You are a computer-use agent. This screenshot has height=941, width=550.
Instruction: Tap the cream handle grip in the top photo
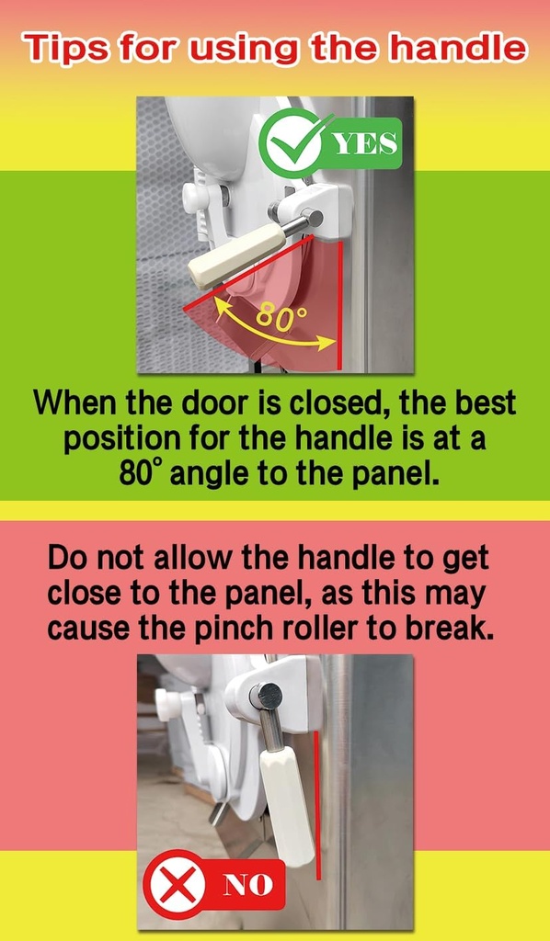(236, 256)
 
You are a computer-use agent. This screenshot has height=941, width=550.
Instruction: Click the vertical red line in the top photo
(341, 305)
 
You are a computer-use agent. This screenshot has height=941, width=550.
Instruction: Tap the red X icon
(178, 885)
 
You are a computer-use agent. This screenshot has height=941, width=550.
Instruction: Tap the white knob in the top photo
(198, 198)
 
